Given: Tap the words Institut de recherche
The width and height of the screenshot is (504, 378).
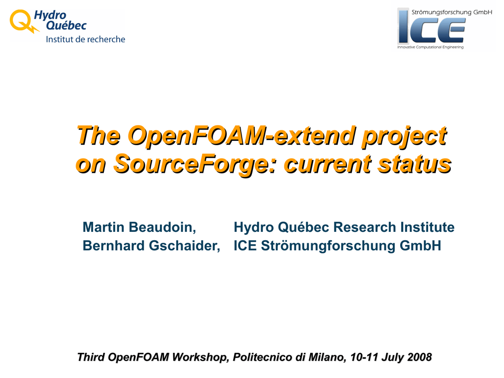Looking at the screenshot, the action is point(86,39).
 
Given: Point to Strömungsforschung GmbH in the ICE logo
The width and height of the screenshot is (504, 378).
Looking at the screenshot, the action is point(452,12).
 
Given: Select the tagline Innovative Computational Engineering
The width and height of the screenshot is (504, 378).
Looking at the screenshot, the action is point(430,47).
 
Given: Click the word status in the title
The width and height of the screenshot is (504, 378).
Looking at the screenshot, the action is point(414,164).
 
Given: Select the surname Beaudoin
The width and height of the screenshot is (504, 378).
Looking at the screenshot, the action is point(162,227).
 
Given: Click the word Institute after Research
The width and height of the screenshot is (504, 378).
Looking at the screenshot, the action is point(428,227).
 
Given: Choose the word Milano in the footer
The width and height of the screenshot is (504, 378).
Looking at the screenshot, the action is point(327,357).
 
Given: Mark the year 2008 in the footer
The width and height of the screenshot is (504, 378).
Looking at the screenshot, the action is point(419,357).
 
